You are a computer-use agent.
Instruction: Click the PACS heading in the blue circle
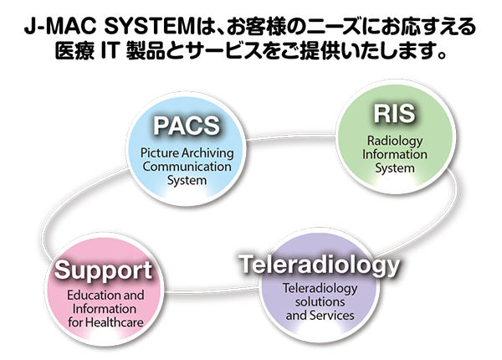click(x=185, y=126)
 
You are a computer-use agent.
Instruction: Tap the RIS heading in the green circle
click(x=388, y=114)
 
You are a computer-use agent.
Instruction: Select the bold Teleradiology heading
click(x=319, y=266)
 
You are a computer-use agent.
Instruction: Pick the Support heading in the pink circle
click(x=104, y=271)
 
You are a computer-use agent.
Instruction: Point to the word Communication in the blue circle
click(x=186, y=167)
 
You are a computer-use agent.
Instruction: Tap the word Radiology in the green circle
click(x=389, y=141)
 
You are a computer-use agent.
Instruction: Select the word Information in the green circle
click(x=389, y=154)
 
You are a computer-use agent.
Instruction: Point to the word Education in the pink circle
click(x=81, y=296)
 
